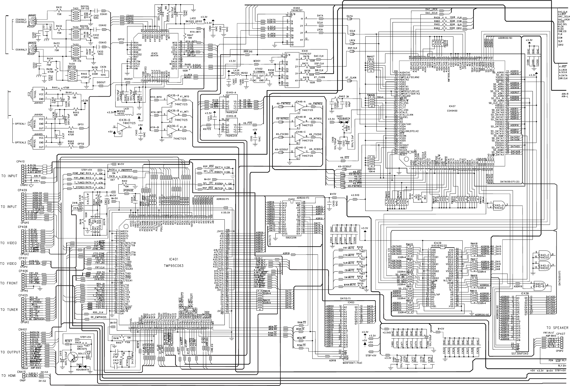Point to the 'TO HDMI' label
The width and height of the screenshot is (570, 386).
coord(9,376)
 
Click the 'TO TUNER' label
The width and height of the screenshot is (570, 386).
coord(9,310)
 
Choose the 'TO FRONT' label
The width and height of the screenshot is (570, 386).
coord(9,283)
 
